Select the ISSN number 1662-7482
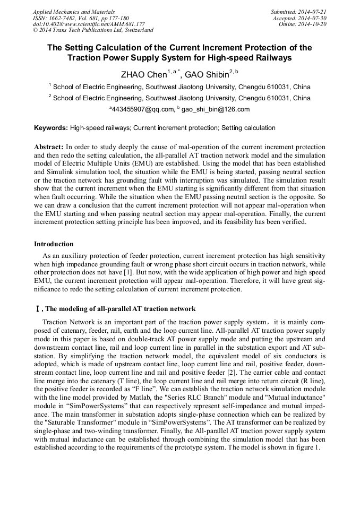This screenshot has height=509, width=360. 65,18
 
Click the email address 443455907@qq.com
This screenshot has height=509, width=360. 143,109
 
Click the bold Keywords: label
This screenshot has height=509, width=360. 51,128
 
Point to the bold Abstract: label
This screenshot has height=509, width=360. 49,146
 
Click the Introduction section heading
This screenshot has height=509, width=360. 54,244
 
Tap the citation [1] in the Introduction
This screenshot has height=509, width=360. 128,272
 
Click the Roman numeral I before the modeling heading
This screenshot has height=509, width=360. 37,309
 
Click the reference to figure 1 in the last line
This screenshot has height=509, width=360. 306,447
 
